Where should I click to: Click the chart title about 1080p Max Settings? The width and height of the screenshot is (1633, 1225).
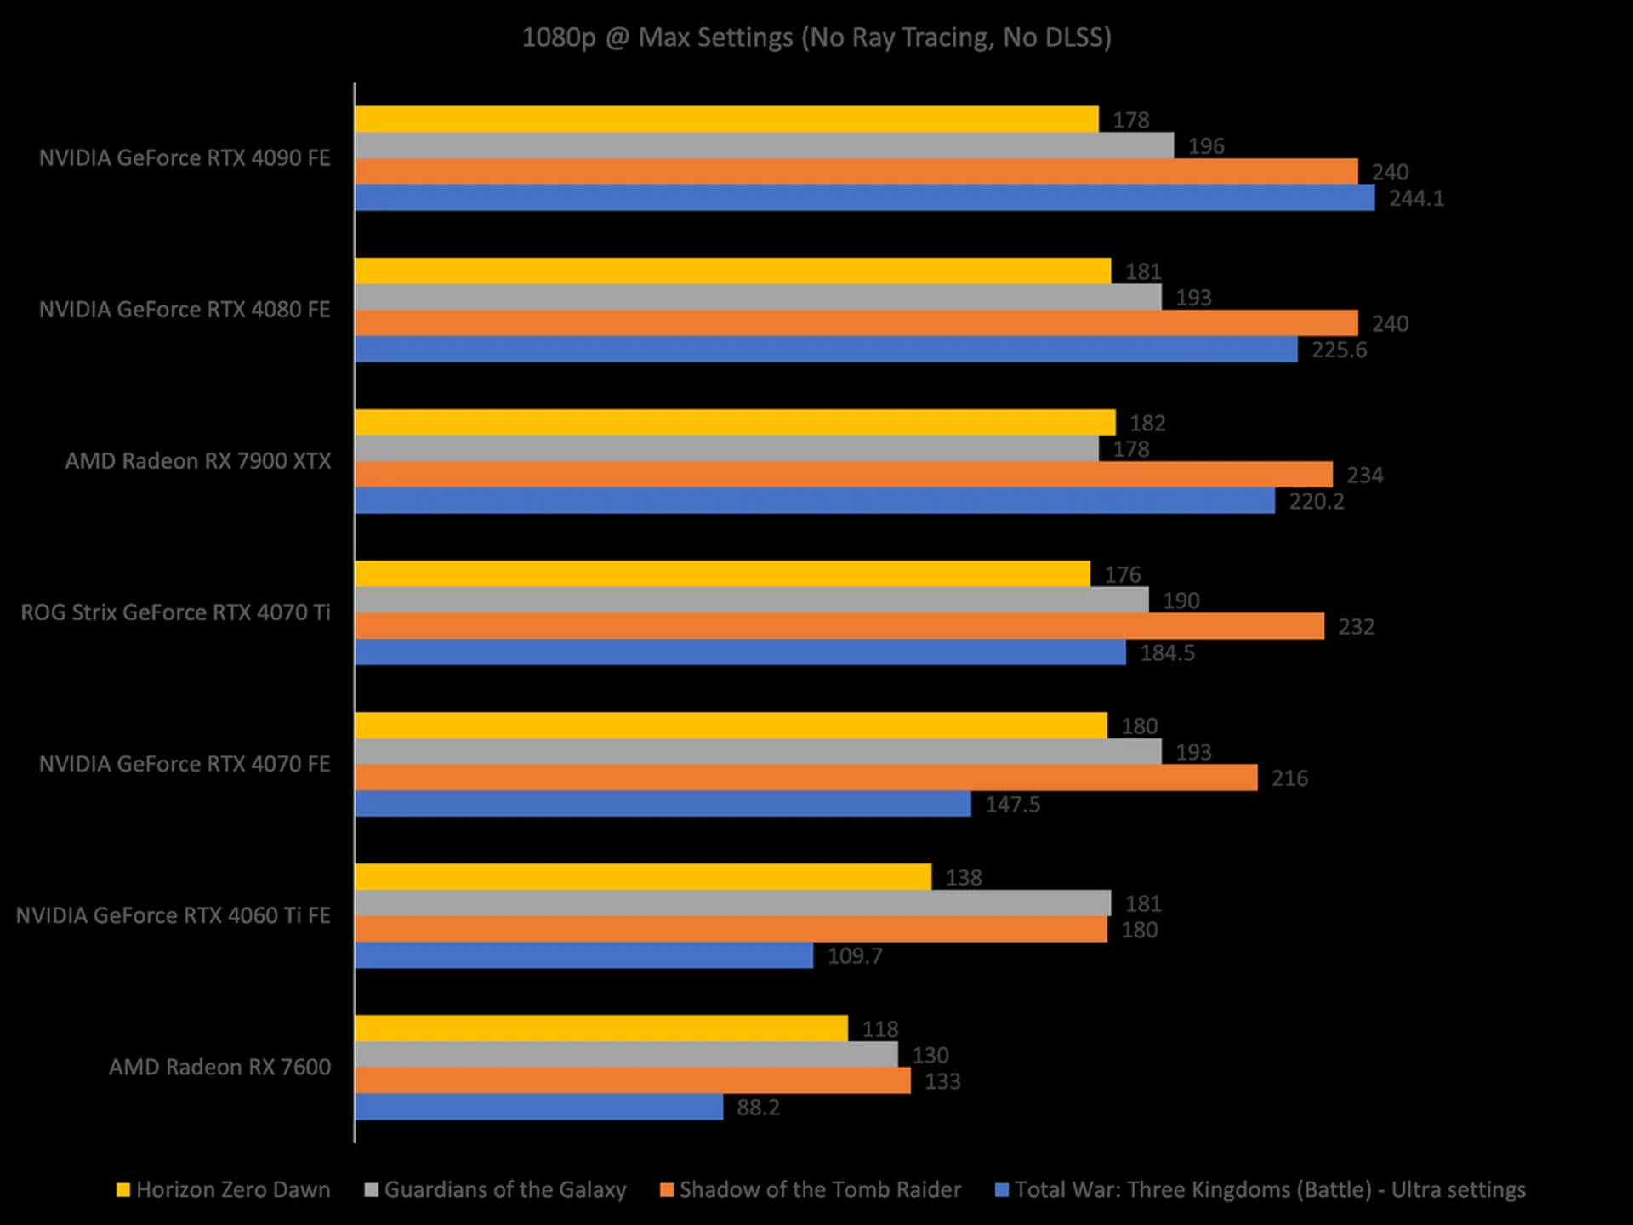(x=816, y=37)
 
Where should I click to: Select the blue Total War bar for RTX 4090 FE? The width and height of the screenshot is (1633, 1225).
(x=864, y=198)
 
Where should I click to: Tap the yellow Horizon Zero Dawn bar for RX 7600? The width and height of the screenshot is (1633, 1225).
(x=600, y=1028)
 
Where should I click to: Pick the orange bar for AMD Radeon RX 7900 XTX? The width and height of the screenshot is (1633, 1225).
(x=843, y=475)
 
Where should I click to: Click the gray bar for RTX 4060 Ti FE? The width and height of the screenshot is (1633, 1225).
(x=732, y=903)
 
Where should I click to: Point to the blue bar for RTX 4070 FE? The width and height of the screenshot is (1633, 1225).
(x=663, y=804)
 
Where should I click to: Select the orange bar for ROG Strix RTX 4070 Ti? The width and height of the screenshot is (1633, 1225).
(x=839, y=626)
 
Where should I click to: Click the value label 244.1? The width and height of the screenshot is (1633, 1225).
(x=1416, y=198)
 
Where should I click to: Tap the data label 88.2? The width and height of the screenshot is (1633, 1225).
(x=758, y=1108)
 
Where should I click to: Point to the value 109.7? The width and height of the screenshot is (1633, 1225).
(x=855, y=956)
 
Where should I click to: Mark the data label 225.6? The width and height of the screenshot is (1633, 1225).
(x=1339, y=350)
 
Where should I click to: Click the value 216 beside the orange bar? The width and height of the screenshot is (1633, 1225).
(x=1289, y=778)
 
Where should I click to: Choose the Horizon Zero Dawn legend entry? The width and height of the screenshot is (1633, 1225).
(x=224, y=1189)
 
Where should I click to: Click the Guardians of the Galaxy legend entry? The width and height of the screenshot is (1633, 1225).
(x=496, y=1189)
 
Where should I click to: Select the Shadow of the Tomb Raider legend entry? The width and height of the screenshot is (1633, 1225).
(x=811, y=1189)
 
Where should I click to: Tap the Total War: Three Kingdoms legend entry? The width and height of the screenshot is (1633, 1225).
(x=1260, y=1189)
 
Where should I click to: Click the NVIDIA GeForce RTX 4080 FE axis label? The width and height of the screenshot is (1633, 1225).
(x=185, y=310)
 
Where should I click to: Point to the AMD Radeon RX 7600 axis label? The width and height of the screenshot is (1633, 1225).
(x=219, y=1067)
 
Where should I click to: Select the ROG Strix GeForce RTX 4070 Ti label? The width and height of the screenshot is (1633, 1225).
(x=175, y=612)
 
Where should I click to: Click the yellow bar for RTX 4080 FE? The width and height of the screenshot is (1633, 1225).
(x=732, y=271)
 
